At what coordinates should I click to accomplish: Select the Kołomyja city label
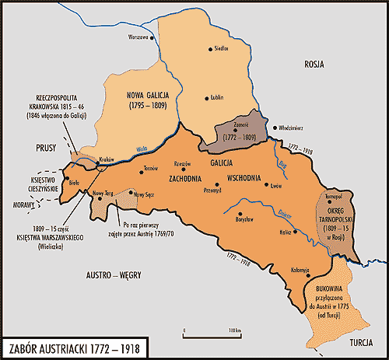(x=299, y=270)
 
